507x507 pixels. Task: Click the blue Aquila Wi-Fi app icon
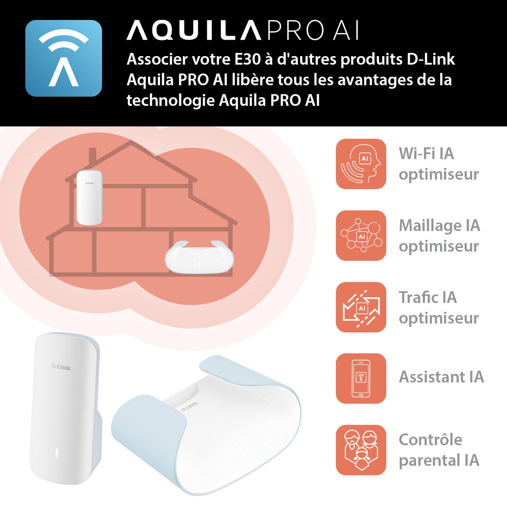coord(64,58)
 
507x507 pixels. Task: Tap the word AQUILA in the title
coord(194,31)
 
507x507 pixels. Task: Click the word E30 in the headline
coord(247,59)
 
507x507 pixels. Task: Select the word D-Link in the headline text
coord(431,59)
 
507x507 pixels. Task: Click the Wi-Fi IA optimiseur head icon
coord(361,164)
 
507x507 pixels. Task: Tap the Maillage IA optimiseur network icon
coord(361,235)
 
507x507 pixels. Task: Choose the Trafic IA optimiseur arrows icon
coord(361,307)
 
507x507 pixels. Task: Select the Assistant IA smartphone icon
coord(361,379)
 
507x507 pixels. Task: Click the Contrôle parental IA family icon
coord(361,450)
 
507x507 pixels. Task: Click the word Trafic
coord(418,297)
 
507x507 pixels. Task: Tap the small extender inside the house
coord(89,197)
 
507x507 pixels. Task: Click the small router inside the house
coord(199,257)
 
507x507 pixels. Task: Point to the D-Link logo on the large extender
coord(61,367)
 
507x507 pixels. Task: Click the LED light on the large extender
coord(56,453)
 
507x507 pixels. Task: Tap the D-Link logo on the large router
coord(189,407)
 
